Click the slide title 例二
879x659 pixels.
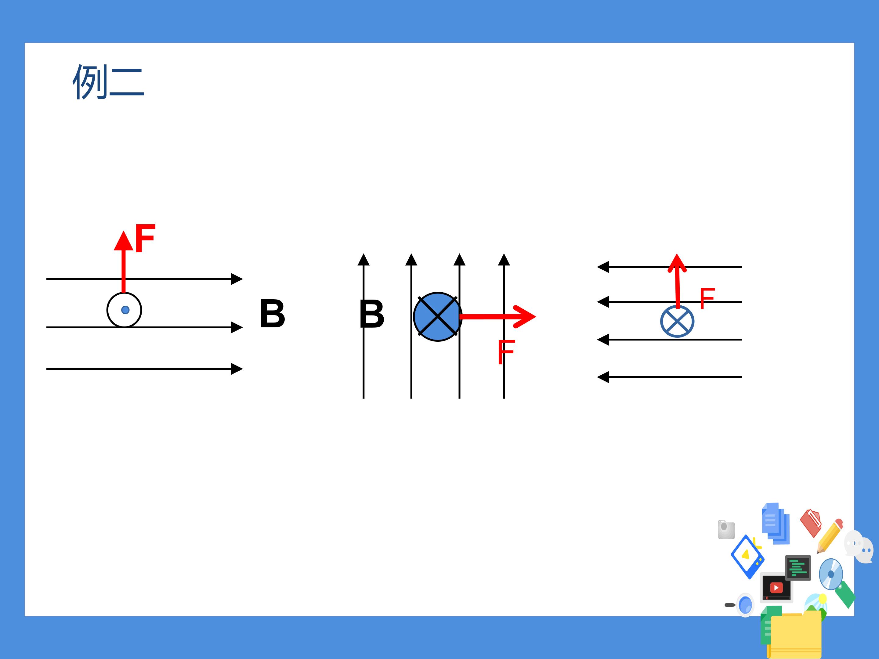[108, 82]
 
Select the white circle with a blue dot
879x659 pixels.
[125, 310]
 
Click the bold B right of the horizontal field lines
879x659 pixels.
[273, 314]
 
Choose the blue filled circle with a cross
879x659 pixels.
[437, 317]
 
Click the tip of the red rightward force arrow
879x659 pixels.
[536, 317]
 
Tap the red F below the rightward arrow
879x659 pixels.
[506, 352]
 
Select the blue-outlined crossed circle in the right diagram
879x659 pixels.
[678, 321]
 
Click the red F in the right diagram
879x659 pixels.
[707, 298]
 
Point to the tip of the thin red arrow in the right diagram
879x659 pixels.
[677, 254]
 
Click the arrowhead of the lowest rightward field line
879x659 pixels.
[237, 369]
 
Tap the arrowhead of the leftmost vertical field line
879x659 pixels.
[364, 259]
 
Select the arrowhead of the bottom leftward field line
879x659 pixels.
[603, 377]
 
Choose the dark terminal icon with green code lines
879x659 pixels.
[798, 568]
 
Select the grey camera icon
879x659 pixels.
[726, 530]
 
